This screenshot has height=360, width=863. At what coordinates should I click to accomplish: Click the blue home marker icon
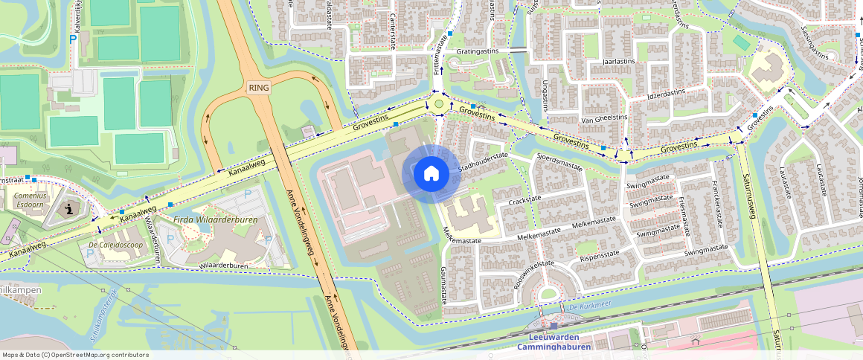431,174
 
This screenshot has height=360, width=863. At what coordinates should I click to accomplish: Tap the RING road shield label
260,87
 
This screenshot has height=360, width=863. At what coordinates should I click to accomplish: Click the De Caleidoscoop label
115,244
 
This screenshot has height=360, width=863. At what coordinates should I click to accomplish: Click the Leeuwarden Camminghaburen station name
554,342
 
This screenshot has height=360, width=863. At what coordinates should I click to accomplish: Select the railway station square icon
554,326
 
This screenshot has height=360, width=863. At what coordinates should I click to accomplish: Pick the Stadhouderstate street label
483,162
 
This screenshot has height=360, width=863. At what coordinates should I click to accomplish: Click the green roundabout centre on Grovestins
439,105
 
